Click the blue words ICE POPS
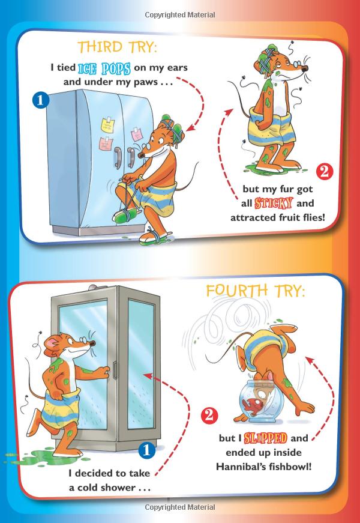104,68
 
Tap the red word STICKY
274,203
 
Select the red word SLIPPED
265,438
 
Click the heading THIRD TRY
117,47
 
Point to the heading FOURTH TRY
256,291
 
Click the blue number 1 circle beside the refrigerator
41,100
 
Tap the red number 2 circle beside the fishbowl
209,416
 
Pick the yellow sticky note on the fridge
107,124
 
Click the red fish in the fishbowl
253,404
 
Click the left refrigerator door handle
118,157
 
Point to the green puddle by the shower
40,457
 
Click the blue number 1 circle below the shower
146,450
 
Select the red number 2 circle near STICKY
325,172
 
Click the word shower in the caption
118,488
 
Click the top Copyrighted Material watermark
180,14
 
